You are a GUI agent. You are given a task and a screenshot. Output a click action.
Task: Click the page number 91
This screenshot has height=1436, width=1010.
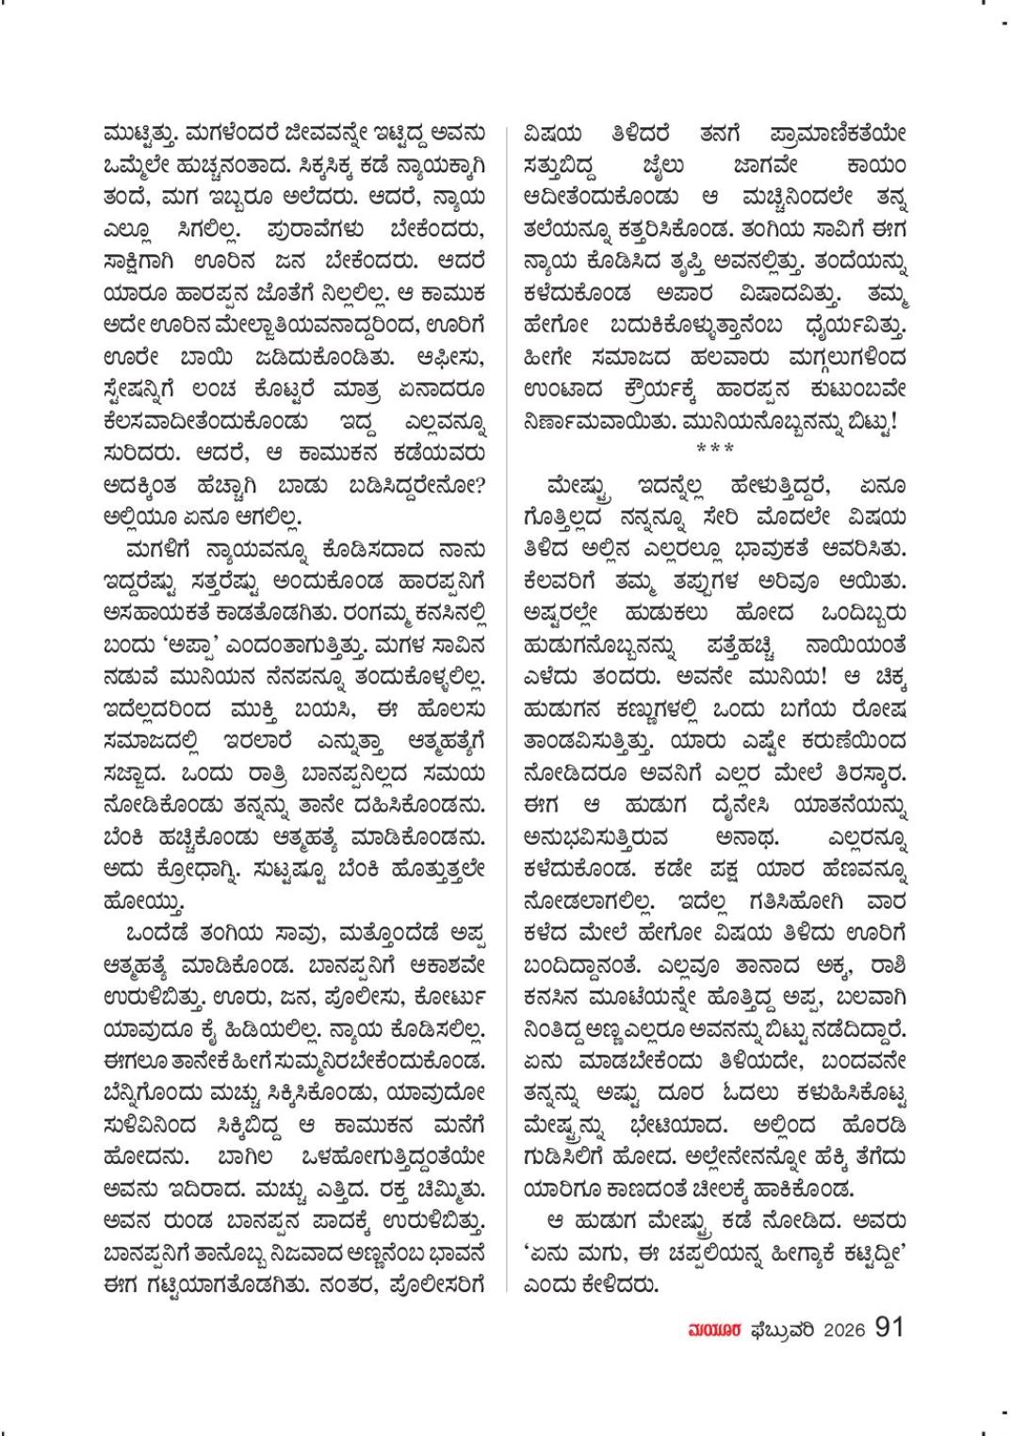[x=888, y=1327]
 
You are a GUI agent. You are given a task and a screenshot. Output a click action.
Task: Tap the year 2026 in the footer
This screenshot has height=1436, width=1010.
[x=838, y=1329]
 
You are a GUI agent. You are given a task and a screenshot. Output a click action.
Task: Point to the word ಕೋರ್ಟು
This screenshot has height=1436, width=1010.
[x=440, y=994]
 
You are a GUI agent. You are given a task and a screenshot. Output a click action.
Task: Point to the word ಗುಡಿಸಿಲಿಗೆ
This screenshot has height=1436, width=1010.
[x=573, y=1156]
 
